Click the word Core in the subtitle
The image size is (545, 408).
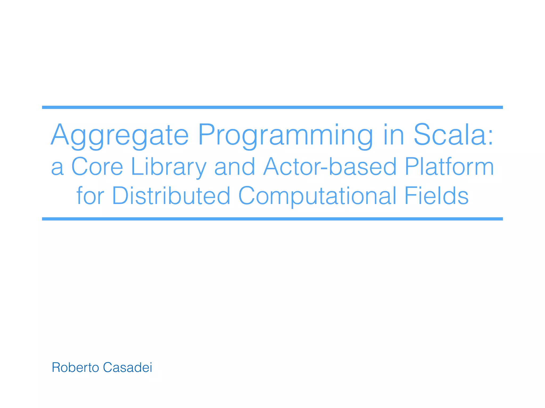pos(97,167)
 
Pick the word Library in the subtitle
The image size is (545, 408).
pos(169,167)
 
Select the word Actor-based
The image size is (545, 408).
pos(330,167)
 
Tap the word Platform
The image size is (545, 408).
pos(449,167)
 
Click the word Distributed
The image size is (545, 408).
pos(171,196)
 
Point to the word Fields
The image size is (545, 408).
pos(436,196)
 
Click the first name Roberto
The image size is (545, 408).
pos(75,368)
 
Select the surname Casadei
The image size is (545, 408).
pos(127,368)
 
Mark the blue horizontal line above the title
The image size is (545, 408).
pos(272,107)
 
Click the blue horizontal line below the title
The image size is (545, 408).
pos(272,219)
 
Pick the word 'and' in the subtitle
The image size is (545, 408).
pos(235,167)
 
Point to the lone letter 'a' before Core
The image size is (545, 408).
pos(57,169)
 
